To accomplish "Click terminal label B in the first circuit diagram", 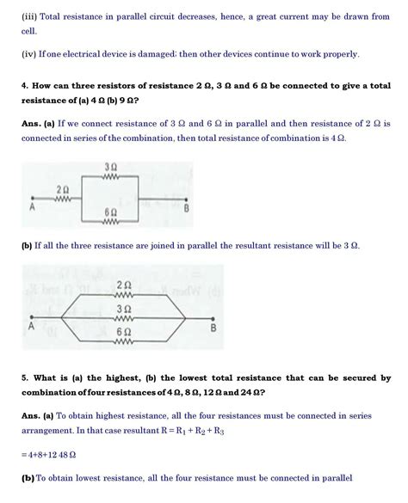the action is (x=187, y=209).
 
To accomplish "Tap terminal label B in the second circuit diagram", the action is (x=213, y=328).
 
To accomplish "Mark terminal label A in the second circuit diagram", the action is (x=31, y=328).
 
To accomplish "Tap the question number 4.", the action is (x=23, y=87).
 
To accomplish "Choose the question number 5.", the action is (x=23, y=378).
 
